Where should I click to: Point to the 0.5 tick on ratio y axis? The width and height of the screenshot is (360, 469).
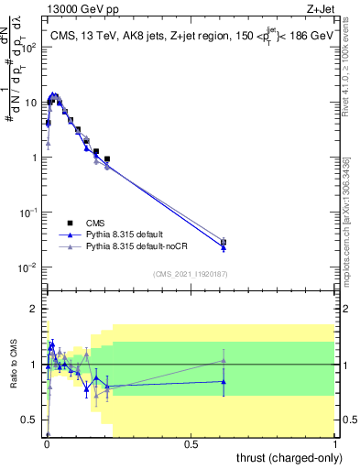click(x=32, y=420)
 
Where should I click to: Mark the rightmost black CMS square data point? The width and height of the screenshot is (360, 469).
click(x=224, y=242)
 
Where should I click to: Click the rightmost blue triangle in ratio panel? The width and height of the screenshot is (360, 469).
click(x=224, y=381)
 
